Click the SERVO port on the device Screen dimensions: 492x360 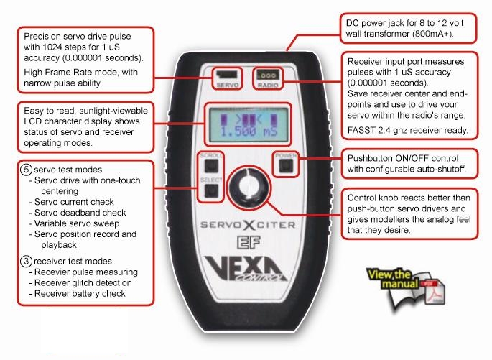[x=227, y=75]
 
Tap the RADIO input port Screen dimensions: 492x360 [x=267, y=75]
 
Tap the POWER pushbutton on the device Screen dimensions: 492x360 [x=286, y=165]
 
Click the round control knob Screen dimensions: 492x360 [x=249, y=188]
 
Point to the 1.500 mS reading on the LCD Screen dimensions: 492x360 [x=249, y=131]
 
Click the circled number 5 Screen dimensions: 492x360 [x=26, y=170]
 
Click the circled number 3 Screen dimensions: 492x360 [x=26, y=261]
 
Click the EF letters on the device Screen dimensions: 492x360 [x=249, y=242]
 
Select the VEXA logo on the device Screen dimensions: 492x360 [x=246, y=268]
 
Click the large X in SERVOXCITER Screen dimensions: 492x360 [x=249, y=225]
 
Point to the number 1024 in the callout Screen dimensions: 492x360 [x=52, y=47]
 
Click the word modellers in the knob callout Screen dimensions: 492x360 [x=385, y=219]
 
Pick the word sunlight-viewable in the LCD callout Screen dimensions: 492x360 [x=114, y=111]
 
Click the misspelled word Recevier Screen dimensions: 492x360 [x=52, y=272]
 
